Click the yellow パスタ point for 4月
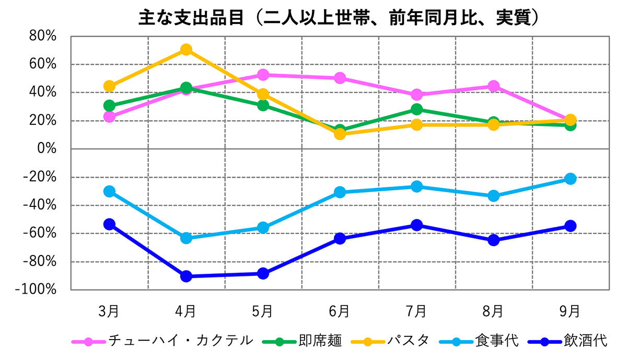186,50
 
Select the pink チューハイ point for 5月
263,75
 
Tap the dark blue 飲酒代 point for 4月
186,276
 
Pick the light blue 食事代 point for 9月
570,179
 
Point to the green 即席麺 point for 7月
416,109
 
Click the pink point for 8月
493,86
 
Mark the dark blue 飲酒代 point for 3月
109,224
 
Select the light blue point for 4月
186,238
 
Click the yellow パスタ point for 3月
109,86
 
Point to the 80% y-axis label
43,37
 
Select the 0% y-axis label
47,149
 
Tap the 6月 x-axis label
340,311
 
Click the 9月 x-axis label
570,311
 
